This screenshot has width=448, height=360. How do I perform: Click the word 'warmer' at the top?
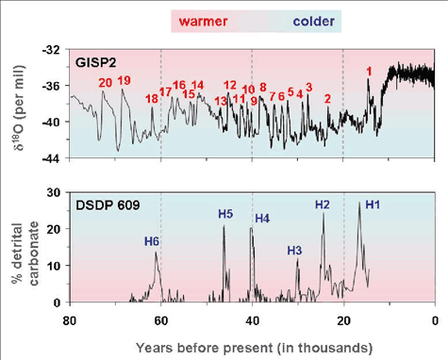pos(200,19)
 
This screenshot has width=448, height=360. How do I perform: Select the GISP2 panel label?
pos(97,62)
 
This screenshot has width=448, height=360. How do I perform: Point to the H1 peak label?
pos(373,205)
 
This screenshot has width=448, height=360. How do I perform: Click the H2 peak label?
pos(322,205)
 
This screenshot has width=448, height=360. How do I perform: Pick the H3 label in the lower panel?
pos(294,250)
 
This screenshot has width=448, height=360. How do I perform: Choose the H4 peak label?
pos(262,219)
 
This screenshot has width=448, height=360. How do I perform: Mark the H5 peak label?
pos(225,214)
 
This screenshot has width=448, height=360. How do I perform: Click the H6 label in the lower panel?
pos(152,241)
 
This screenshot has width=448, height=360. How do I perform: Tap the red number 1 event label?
pos(369,72)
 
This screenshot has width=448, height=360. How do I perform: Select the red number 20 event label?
pos(106,83)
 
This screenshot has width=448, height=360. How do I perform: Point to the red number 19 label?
pos(124,80)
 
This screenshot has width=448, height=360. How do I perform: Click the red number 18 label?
pos(152,98)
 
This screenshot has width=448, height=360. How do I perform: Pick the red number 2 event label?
pos(327,98)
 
